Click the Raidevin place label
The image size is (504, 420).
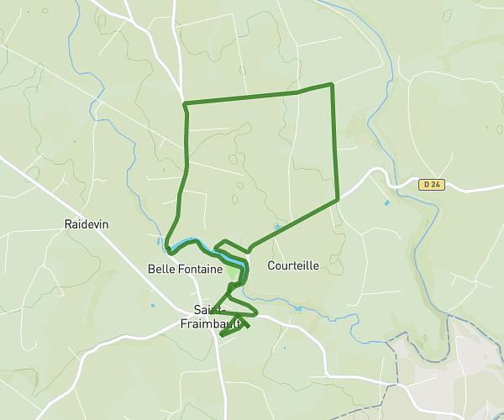pyautogui.click(x=86, y=224)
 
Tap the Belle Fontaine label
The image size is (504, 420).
pyautogui.click(x=184, y=269)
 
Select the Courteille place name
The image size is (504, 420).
pyautogui.click(x=293, y=265)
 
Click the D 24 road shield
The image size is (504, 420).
pyautogui.click(x=430, y=184)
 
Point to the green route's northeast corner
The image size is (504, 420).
pyautogui.click(x=333, y=84)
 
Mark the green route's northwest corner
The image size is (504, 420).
pyautogui.click(x=184, y=104)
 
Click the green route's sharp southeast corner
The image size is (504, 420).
pyautogui.click(x=338, y=200)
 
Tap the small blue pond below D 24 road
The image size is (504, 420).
pyautogui.click(x=386, y=202)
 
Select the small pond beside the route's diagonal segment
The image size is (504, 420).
pyautogui.click(x=276, y=227)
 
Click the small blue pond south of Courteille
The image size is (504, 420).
pyautogui.click(x=297, y=308)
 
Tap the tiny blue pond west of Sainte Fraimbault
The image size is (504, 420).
pyautogui.click(x=152, y=304)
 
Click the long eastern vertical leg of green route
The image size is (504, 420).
pyautogui.click(x=335, y=143)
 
